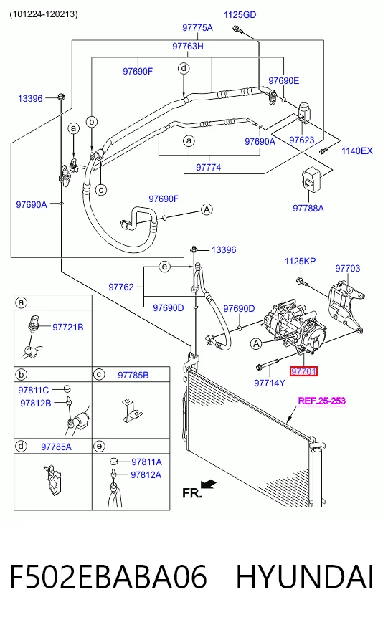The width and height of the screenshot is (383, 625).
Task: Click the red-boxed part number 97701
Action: point(303,371)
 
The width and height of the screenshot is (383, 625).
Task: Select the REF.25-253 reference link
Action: point(322,401)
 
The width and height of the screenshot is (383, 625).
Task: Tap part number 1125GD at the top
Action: point(240,15)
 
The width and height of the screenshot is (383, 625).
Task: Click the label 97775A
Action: point(197,27)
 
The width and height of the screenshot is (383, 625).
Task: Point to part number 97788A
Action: point(308,208)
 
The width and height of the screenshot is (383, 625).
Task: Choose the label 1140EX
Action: point(357,151)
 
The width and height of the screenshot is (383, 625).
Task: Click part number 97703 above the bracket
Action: point(347,268)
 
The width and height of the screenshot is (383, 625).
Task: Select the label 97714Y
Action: point(270,383)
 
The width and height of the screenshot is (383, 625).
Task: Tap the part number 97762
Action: point(121,287)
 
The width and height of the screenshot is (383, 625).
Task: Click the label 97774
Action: point(208,168)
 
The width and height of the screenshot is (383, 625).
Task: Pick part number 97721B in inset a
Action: point(68,328)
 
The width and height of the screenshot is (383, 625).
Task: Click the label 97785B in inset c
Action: point(133,375)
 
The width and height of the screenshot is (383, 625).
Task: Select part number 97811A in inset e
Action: point(146,462)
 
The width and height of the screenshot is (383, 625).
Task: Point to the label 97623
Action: point(302,140)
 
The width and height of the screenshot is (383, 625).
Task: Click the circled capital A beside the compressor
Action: point(256,343)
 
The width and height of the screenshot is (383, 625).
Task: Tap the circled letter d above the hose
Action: point(184,68)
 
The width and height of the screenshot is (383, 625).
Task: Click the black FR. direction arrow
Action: point(208,485)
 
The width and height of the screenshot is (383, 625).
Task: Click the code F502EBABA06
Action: point(108,576)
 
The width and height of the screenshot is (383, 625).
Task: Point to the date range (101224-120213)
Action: point(44,14)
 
